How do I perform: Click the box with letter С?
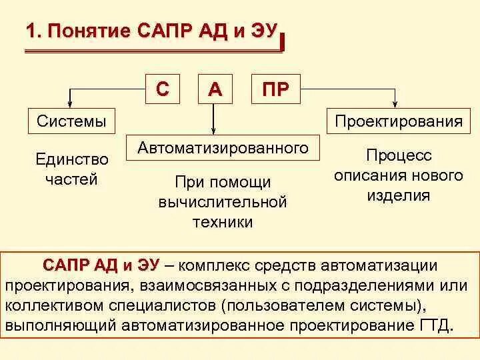pyautogui.click(x=163, y=89)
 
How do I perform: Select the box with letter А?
pyautogui.click(x=215, y=89)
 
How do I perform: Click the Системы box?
pyautogui.click(x=71, y=121)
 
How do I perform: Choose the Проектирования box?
pyautogui.click(x=399, y=121)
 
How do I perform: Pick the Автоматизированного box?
pyautogui.click(x=223, y=148)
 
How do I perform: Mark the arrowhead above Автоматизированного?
pyautogui.click(x=214, y=131)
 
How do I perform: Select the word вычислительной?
pyautogui.click(x=223, y=202)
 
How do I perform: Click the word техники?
pyautogui.click(x=223, y=222)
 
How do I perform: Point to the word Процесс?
pyautogui.click(x=399, y=155)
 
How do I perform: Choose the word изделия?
pyautogui.click(x=399, y=195)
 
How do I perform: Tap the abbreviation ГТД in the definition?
pyautogui.click(x=434, y=327)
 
